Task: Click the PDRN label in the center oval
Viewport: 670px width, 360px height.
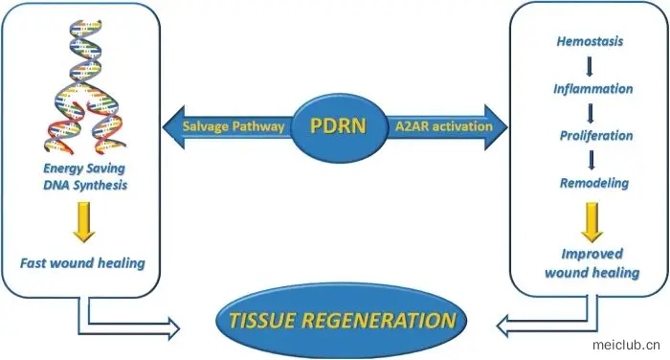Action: [338, 125]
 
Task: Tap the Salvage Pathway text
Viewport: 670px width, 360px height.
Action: [234, 126]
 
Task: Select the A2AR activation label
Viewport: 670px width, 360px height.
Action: [443, 126]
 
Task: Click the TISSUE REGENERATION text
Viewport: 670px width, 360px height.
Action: [343, 320]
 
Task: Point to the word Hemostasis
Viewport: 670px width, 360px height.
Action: [590, 41]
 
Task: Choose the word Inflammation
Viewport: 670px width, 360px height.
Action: [593, 89]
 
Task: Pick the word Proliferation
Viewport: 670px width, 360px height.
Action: [596, 136]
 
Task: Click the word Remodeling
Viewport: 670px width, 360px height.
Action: [594, 183]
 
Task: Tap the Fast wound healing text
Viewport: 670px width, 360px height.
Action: [82, 263]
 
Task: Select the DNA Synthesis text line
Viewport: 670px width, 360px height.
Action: [85, 185]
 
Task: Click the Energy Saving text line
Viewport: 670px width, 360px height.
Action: [84, 168]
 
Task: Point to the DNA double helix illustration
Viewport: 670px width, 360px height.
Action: [85, 86]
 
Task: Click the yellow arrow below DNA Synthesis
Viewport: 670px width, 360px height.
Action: [84, 222]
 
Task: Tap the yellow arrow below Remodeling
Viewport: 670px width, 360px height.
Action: [592, 223]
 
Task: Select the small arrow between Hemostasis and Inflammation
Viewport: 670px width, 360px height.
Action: [590, 66]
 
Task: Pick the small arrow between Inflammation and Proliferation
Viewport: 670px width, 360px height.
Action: [591, 113]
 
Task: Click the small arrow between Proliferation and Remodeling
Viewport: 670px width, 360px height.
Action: [592, 160]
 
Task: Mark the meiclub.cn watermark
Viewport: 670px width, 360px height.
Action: [626, 345]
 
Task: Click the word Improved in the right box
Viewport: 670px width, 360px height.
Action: [592, 254]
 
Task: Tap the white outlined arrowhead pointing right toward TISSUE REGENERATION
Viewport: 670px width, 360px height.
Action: [174, 328]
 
